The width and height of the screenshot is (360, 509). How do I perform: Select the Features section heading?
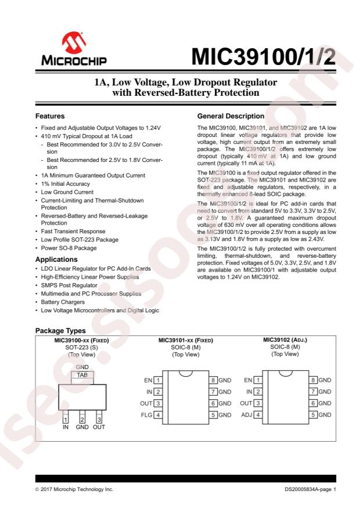pyautogui.click(x=50, y=116)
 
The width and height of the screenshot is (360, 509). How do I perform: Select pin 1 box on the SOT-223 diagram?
pyautogui.click(x=65, y=419)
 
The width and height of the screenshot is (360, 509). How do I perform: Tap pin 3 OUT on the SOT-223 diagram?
pyautogui.click(x=99, y=419)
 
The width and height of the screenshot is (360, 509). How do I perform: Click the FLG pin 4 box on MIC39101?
pyautogui.click(x=157, y=415)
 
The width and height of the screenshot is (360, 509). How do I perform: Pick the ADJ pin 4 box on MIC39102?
pyautogui.click(x=258, y=415)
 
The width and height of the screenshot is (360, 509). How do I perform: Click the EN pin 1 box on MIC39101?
pyautogui.click(x=157, y=380)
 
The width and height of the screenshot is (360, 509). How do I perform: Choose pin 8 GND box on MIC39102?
pyautogui.click(x=313, y=380)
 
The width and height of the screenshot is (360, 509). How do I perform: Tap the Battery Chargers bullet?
pyautogui.click(x=62, y=302)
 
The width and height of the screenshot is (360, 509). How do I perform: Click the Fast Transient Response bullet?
pyautogui.click(x=71, y=231)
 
